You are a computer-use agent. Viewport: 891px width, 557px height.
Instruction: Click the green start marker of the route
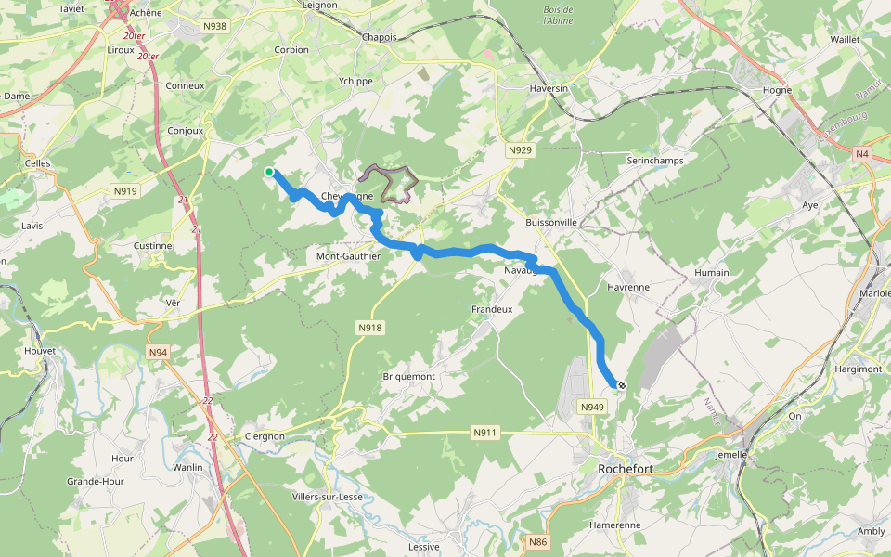pos(269,172)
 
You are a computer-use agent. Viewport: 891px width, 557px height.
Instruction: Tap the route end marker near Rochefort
pos(621,385)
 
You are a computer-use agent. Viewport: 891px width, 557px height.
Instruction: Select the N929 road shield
pos(520,149)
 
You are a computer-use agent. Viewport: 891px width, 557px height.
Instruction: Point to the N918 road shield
pos(369,328)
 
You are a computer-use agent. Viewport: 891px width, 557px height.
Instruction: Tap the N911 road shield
pos(484,433)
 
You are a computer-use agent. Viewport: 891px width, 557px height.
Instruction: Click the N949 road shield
pos(592,408)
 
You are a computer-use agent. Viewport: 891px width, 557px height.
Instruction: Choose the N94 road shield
pos(157,353)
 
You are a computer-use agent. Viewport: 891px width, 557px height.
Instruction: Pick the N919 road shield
pos(124,191)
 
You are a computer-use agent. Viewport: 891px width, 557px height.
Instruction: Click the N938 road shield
pos(214,26)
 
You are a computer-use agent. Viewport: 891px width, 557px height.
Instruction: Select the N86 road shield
pos(536,542)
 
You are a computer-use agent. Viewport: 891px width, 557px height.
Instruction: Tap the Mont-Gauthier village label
pos(349,256)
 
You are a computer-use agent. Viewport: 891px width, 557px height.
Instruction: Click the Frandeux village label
pos(492,309)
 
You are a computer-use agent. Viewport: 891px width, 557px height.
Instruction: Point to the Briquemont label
pos(409,376)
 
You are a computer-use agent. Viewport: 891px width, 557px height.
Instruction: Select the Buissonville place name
pos(551,223)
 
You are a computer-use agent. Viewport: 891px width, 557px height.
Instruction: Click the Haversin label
pos(548,88)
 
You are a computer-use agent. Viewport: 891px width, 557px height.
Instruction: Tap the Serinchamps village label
pos(655,161)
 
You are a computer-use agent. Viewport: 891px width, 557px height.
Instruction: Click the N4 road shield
pos(862,154)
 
